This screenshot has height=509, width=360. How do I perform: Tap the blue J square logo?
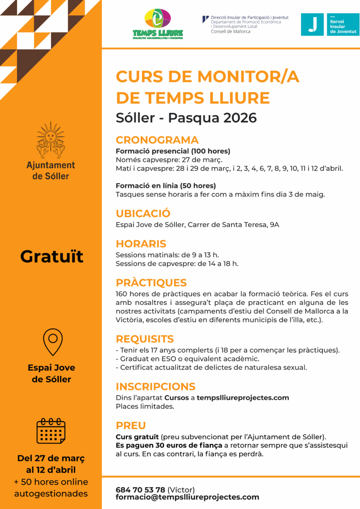coord(312,24)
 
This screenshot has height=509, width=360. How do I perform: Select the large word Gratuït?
coord(51,256)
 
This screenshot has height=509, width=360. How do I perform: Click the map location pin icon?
coord(52,342)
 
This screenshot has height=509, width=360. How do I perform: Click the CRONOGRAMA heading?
coord(157,140)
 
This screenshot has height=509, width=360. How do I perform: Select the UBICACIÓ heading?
coord(143,214)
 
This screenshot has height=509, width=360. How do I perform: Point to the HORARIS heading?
coord(141,244)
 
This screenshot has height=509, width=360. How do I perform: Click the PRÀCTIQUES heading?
coord(151,283)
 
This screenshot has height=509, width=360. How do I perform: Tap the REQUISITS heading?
coord(144,339)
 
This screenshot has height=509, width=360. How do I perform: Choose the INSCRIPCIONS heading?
coord(155,386)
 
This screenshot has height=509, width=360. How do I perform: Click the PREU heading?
coord(130,425)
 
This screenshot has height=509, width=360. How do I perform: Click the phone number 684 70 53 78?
coord(140,490)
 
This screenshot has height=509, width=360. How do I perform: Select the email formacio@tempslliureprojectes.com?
coord(187,497)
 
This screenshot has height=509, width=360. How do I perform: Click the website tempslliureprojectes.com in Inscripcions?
coord(243,398)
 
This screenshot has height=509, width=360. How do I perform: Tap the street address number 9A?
coord(274,225)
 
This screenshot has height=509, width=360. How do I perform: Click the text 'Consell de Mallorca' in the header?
coord(230,31)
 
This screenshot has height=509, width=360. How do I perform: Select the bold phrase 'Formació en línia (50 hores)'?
coord(165,186)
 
